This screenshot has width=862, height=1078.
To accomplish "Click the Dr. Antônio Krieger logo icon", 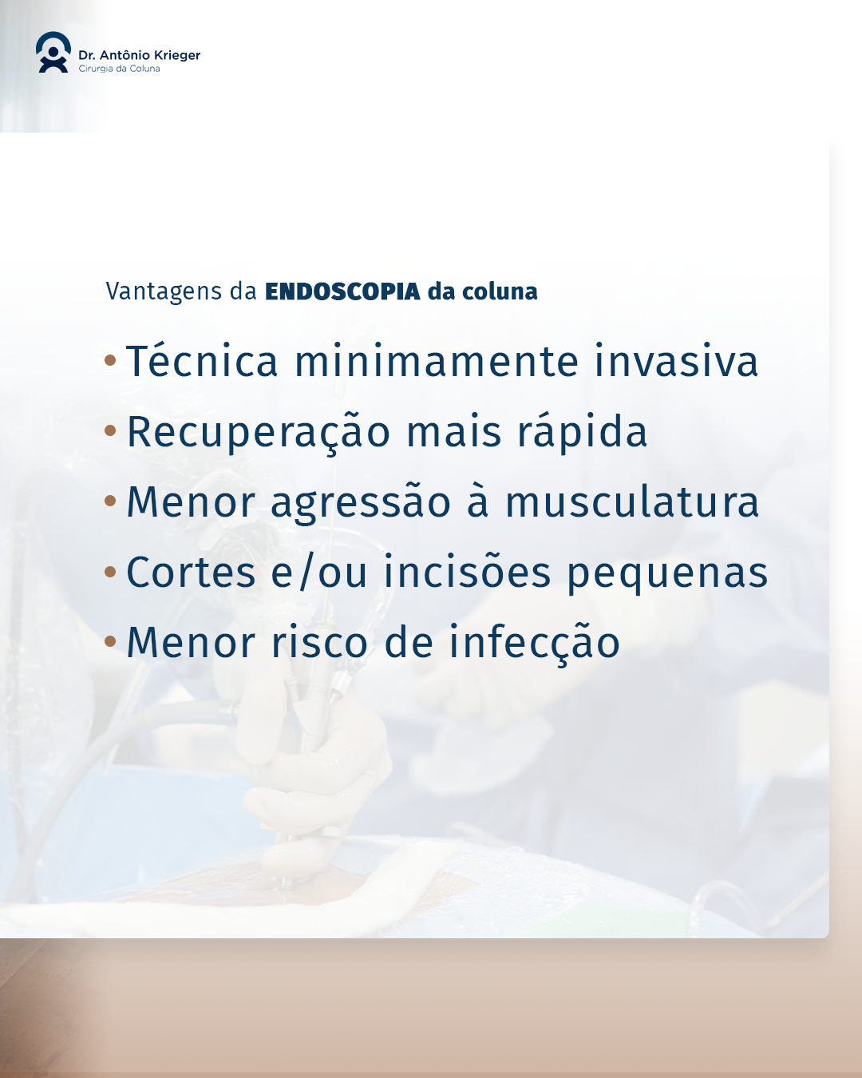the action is (x=53, y=53).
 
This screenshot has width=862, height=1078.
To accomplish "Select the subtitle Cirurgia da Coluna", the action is (x=119, y=69).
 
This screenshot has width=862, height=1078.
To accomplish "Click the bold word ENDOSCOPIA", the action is (x=342, y=291).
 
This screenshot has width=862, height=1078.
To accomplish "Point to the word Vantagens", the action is (x=164, y=292).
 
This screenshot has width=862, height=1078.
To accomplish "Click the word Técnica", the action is (x=202, y=360).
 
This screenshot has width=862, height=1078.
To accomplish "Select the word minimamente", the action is (x=437, y=361).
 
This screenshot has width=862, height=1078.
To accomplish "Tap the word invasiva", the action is (x=676, y=361).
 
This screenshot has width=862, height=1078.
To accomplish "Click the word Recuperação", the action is (x=259, y=433).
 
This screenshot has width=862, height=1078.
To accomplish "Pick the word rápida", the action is (x=583, y=431).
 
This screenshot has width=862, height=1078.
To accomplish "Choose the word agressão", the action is (x=361, y=502).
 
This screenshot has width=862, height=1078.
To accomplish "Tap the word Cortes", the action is (x=191, y=572).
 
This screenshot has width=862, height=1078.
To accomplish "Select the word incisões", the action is (x=467, y=572).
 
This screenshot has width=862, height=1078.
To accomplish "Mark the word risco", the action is (x=319, y=642).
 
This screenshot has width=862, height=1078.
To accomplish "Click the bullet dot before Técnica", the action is (x=110, y=360).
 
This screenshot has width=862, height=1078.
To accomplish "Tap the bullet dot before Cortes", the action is (x=110, y=571).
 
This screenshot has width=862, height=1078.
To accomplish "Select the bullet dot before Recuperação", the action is (x=110, y=430).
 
